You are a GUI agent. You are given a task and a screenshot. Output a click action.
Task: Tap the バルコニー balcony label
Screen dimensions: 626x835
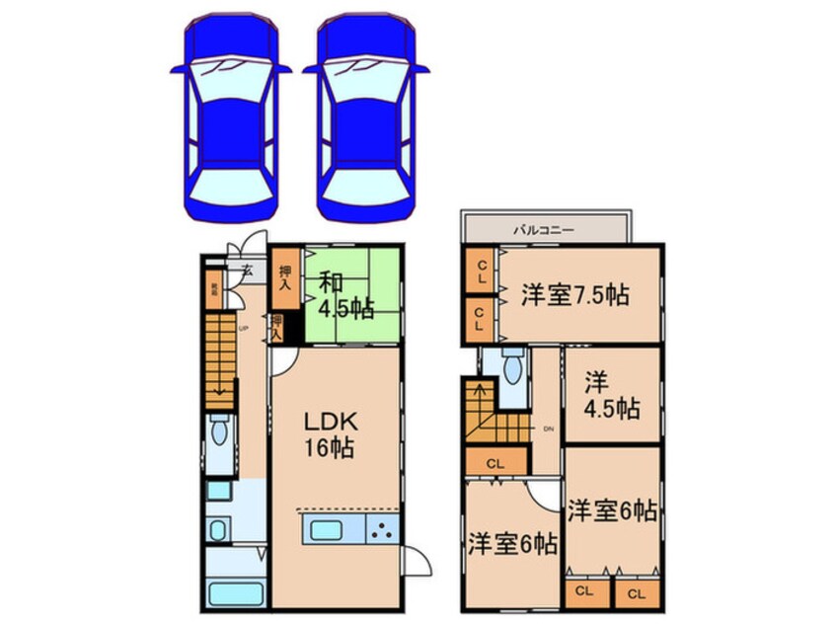pos(543,229)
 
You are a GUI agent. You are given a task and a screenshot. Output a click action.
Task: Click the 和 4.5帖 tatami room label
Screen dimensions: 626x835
pos(345,294)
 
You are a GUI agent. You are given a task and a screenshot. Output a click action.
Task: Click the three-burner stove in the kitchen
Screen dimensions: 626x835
pos(383,529)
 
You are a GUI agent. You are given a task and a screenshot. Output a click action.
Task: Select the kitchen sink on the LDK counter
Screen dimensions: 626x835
pos(326,529)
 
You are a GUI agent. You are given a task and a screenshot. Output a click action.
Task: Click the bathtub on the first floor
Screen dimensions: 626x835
pos(235,594)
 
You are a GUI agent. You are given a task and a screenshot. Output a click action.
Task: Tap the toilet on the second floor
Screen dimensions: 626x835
pos(510,370)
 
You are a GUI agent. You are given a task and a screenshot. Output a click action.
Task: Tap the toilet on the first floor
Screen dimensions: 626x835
pos(220,431)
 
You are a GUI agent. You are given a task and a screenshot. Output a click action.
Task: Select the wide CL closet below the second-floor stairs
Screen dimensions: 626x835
pos(494,461)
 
